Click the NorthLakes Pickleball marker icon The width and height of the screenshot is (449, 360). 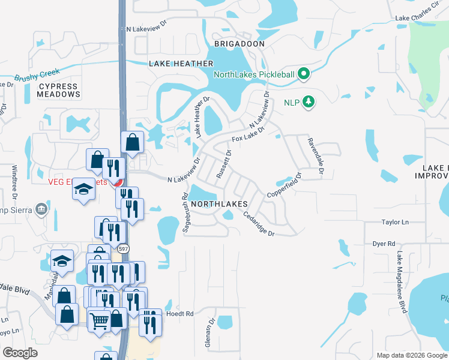[x=304, y=74]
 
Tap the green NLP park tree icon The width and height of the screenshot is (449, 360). [x=309, y=102]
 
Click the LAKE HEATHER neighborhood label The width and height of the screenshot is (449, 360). [x=181, y=64]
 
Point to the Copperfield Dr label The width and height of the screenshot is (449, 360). [x=284, y=186]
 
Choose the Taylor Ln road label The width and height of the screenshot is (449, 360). [x=394, y=222]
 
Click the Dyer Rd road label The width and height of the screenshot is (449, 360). [x=384, y=244]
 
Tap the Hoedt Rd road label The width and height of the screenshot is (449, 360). [x=180, y=314]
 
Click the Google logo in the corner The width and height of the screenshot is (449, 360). [x=20, y=353]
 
